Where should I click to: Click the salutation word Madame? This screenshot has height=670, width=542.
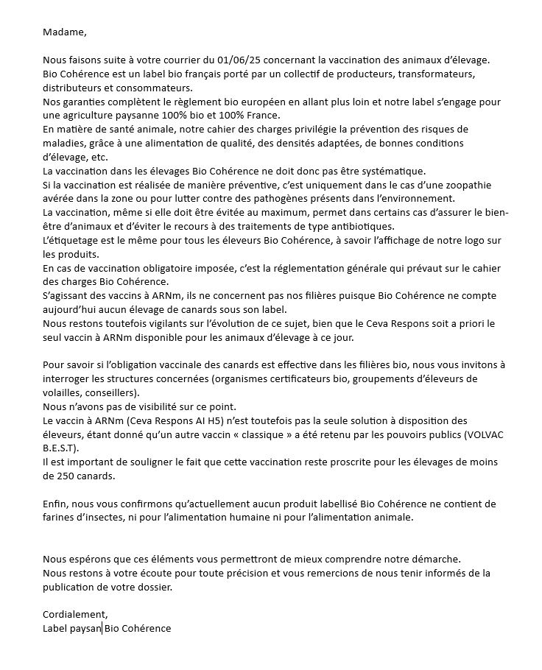pos(64,32)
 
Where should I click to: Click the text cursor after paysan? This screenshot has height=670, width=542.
pos(102,629)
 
